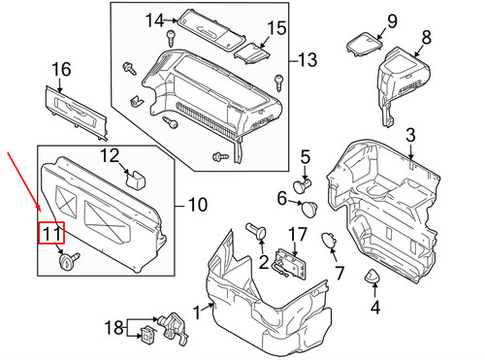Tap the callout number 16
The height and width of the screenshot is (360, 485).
[61, 70]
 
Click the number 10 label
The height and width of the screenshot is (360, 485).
[198, 206]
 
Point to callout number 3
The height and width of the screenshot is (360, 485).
[305, 157]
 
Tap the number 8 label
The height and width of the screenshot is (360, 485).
[424, 40]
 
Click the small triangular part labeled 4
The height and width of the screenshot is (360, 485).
[372, 278]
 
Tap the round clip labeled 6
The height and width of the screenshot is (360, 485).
[310, 207]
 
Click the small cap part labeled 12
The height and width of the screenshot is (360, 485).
[138, 178]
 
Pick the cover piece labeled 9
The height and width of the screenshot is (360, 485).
[364, 45]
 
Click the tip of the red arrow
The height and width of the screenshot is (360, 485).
[39, 214]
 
